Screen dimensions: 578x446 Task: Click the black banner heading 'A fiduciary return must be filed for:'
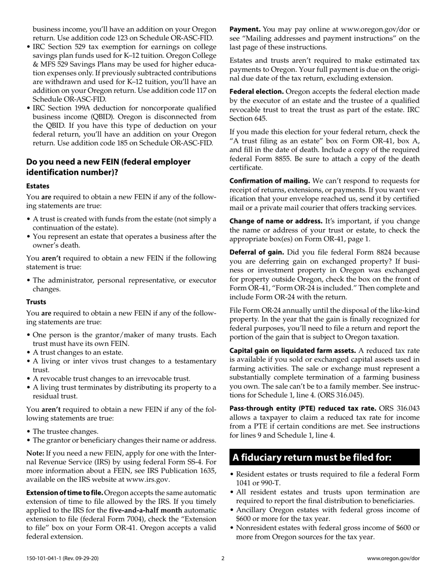click(312, 457)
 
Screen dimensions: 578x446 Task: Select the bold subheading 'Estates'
click(38, 186)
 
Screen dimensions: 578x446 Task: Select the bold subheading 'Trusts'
click(36, 302)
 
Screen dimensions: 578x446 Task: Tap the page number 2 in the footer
click(223, 559)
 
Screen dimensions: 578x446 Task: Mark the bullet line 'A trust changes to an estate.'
click(78, 352)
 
